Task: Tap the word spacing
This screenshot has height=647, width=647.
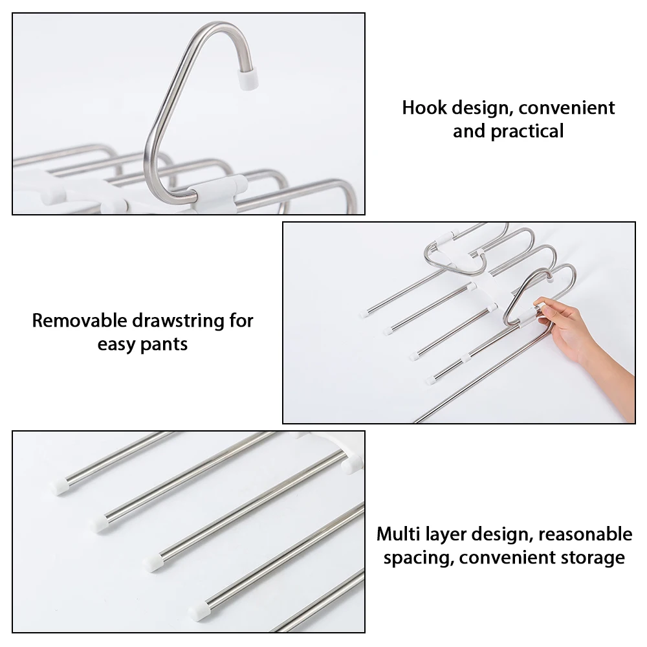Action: [412, 558]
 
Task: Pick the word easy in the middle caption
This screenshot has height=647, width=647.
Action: [116, 344]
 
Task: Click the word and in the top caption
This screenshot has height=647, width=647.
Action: [468, 131]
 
